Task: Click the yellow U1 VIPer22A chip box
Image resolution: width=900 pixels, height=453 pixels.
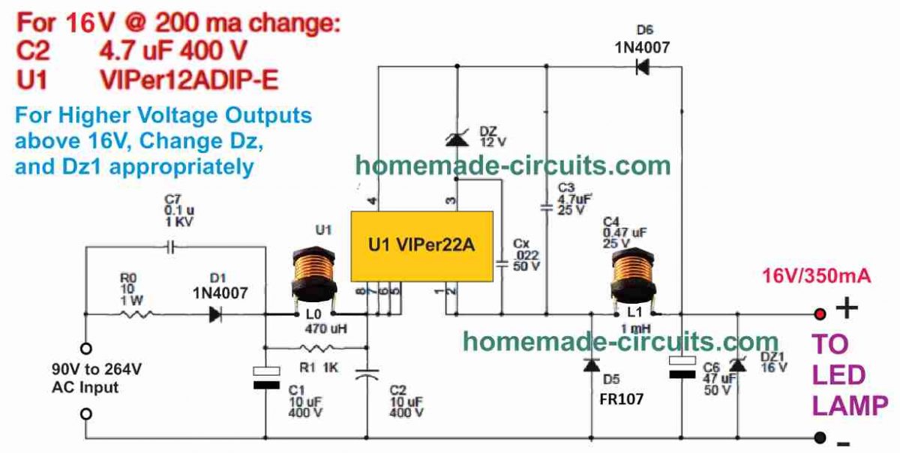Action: [x=422, y=246]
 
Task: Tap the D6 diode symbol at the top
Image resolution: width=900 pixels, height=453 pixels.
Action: [x=642, y=67]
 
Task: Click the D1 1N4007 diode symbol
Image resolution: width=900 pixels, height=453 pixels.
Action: [x=215, y=315]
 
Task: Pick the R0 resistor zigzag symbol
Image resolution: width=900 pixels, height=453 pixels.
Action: [x=139, y=315]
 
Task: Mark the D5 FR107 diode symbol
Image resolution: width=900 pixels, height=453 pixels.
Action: [x=592, y=365]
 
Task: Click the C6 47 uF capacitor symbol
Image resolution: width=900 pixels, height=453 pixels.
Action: [x=682, y=368]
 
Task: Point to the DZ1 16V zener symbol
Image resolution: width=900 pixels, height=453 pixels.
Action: [x=738, y=364]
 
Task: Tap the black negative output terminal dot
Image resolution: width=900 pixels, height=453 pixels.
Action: [x=820, y=437]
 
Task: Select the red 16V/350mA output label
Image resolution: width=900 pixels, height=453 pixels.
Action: [x=817, y=277]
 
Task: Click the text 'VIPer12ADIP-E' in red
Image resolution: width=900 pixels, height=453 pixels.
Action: [x=188, y=79]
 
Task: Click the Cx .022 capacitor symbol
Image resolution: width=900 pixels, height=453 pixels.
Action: [x=502, y=263]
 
